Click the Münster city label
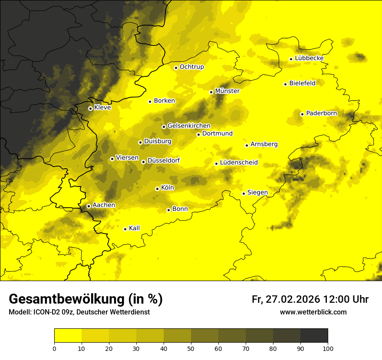click(227, 91)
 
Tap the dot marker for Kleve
click(90, 108)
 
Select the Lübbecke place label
click(309, 58)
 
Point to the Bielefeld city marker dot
click(285, 84)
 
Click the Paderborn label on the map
click(321, 113)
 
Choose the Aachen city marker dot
click(89, 206)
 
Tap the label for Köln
click(167, 188)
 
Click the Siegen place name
click(257, 193)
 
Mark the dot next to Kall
click(125, 229)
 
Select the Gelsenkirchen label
click(189, 126)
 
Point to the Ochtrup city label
click(191, 67)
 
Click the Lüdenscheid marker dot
click(216, 164)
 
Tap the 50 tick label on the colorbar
click(191, 348)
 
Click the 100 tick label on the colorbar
click(328, 348)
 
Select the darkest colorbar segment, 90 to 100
click(314, 336)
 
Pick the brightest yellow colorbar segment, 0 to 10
click(68, 336)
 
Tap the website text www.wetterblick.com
click(313, 312)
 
